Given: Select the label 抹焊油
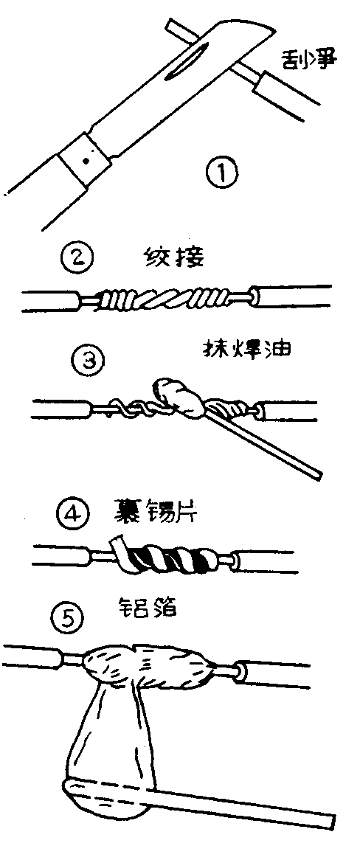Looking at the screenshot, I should tap(246, 348).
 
